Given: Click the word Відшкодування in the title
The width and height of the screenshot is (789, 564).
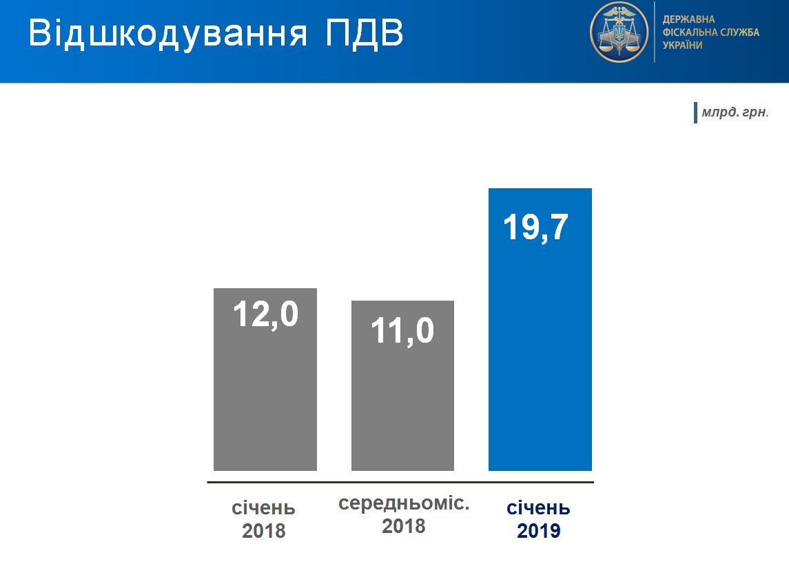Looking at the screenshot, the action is point(167,34).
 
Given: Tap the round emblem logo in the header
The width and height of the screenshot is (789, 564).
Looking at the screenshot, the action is point(619,32).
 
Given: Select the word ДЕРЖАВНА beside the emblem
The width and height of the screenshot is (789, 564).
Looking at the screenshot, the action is point(688,19).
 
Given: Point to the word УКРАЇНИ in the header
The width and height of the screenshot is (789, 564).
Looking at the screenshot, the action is point(682,46).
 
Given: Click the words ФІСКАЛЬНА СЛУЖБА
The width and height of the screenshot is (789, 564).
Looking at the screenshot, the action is point(710,32).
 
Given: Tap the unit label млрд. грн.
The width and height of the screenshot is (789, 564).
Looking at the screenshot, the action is point(735,112).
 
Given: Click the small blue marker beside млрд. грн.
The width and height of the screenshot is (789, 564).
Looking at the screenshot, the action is point(695,113).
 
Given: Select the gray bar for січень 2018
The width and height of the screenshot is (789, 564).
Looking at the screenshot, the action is point(265,380).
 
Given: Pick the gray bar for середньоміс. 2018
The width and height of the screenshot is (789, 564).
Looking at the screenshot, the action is point(402,385).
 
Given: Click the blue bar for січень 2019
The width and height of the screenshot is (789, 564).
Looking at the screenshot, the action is point(540,330).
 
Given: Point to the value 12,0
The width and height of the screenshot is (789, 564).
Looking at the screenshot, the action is point(266,314).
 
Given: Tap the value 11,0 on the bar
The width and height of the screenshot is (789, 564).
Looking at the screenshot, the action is point(402,331).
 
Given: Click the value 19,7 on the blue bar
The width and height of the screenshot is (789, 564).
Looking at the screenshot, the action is point(535,228).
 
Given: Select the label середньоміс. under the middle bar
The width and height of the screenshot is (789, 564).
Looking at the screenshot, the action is point(404,503).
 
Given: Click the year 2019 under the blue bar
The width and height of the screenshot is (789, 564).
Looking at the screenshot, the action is point(538,531).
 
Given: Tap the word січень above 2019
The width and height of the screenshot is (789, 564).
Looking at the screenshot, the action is point(538,508).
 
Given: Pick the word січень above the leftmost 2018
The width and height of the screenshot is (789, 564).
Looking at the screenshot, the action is point(263,508).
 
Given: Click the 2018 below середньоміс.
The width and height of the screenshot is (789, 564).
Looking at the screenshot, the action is point(404,526).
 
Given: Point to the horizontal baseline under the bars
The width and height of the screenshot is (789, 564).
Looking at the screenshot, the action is point(400,483).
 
